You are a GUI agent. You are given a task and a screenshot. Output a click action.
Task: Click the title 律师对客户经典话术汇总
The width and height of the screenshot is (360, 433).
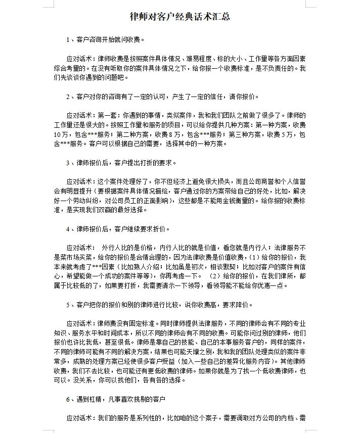coord(180,16)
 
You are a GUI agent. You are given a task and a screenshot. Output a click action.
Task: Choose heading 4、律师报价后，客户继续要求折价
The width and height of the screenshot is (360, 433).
coord(119,229)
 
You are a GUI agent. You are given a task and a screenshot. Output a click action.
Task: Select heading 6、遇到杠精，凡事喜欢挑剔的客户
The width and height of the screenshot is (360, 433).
coord(116,399)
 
